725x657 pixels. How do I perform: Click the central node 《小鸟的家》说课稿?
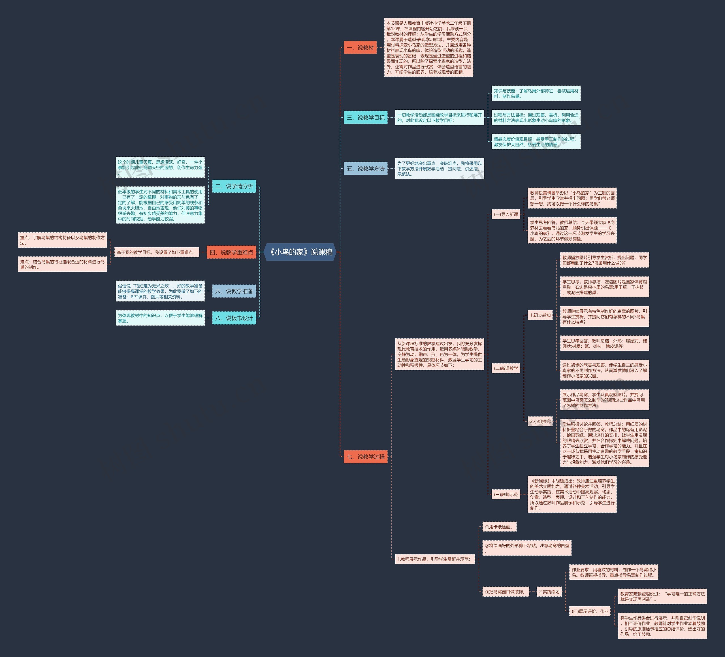click(300, 252)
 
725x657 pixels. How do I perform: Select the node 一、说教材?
click(360, 48)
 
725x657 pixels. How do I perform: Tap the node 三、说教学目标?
click(365, 118)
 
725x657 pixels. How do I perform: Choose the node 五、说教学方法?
click(365, 168)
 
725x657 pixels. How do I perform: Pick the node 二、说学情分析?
click(234, 186)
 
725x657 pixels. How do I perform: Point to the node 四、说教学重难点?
click(231, 252)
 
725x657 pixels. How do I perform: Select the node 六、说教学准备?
click(234, 291)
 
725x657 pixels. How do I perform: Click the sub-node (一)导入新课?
click(506, 214)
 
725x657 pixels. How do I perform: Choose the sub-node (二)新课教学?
click(506, 368)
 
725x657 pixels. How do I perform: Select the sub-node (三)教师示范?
click(506, 494)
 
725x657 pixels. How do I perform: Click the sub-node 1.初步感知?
click(540, 315)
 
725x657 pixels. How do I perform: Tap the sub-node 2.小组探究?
click(540, 421)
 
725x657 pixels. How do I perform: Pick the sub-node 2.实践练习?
click(549, 592)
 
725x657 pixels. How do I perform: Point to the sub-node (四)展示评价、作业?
click(590, 611)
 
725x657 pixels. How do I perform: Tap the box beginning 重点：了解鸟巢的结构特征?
click(63, 240)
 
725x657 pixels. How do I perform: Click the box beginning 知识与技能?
click(536, 93)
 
